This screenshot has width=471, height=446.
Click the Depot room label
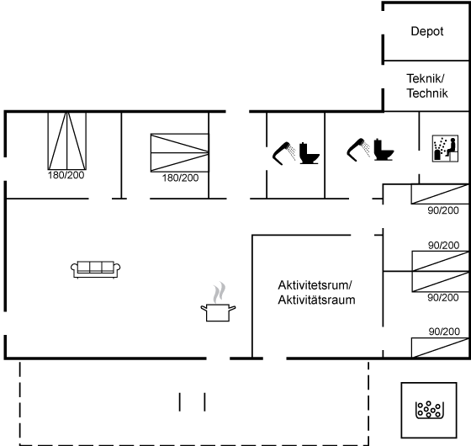tap(427, 32)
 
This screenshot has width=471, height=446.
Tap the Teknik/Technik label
tap(427, 86)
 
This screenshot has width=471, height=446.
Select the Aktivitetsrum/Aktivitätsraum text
tap(316, 293)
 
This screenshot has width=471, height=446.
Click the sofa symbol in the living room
tap(96, 269)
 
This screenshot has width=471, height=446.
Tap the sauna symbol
tap(445, 148)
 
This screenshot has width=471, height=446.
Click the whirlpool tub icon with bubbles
tap(430, 410)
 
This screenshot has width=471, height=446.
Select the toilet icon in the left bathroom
tap(310, 153)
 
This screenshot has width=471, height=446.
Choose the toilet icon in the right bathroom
tap(384, 150)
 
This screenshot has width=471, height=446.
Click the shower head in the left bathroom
tap(284, 153)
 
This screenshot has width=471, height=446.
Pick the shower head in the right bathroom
tap(358, 150)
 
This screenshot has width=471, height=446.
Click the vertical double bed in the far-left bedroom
tap(67, 141)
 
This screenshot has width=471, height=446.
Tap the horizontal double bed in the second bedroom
tap(180, 152)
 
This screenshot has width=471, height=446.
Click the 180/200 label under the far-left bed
tap(66, 175)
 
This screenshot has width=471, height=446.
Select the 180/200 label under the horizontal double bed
tap(180, 178)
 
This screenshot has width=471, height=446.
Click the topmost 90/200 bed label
tap(443, 210)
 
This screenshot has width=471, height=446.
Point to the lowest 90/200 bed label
tap(444, 332)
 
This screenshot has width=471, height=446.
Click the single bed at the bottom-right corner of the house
tap(440, 348)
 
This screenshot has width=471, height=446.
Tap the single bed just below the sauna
tap(440, 194)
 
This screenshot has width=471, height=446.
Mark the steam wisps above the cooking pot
tap(220, 293)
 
